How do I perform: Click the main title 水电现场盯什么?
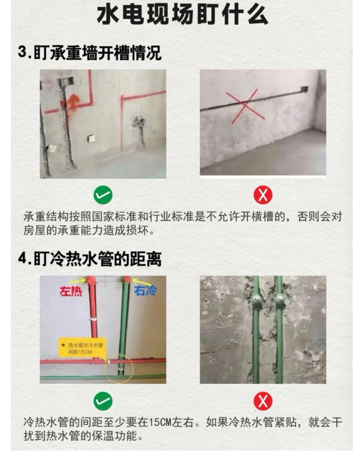[182, 15]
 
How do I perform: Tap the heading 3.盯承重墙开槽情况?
[90, 53]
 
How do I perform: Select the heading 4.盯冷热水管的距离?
[90, 259]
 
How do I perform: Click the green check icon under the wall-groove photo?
[103, 195]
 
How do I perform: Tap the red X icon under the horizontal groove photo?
[263, 195]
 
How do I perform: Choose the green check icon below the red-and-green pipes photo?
[103, 401]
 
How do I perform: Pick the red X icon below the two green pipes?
[263, 401]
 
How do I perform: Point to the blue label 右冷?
[145, 290]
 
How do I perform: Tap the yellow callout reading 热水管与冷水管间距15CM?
[82, 348]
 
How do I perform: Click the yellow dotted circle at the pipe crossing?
[118, 368]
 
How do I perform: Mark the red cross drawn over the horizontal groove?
[245, 106]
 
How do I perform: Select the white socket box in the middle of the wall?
[91, 138]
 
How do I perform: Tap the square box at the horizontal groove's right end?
[304, 89]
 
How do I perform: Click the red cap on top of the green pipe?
[127, 279]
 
